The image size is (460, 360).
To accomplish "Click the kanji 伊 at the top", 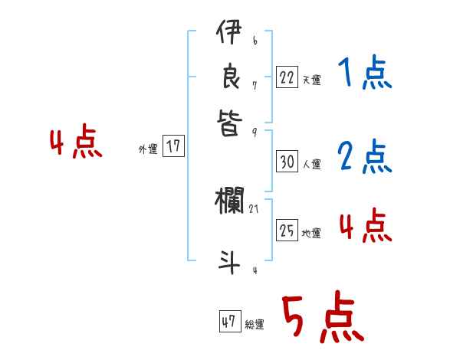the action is pyautogui.click(x=228, y=35).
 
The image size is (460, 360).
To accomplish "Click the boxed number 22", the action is pyautogui.click(x=287, y=77).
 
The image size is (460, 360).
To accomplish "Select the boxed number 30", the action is pyautogui.click(x=287, y=162).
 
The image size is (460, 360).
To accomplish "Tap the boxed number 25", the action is pyautogui.click(x=287, y=231).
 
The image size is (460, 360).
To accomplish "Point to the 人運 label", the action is pyautogui.click(x=311, y=164).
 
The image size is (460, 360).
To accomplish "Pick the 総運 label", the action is pyautogui.click(x=255, y=325).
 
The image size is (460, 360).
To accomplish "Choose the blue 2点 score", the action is pyautogui.click(x=365, y=157).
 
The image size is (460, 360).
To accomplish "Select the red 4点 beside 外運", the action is pyautogui.click(x=77, y=143).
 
